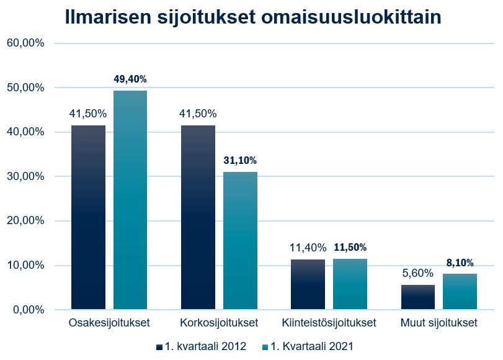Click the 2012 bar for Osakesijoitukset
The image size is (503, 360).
click(88, 217)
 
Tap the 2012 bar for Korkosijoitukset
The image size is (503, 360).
click(198, 217)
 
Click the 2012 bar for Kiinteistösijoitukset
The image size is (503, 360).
click(308, 284)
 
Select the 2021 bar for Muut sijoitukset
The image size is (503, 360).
click(460, 292)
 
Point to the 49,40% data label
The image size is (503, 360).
click(130, 79)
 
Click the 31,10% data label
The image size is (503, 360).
click(240, 160)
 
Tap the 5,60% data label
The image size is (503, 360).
click(417, 272)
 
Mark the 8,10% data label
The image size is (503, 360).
click(460, 263)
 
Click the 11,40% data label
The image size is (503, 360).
click(308, 248)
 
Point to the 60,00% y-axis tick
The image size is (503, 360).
click(25, 43)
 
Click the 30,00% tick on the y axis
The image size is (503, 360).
click(25, 177)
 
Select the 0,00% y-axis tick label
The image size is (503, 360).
click(28, 310)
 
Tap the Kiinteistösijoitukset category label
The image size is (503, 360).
click(329, 323)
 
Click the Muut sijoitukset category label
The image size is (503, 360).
click(438, 323)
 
